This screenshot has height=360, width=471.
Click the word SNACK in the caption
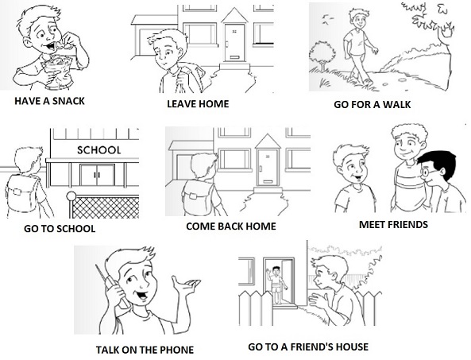coord(68,101)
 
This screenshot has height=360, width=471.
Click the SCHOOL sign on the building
coord(98,150)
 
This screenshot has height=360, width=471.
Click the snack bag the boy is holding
coord(57,68)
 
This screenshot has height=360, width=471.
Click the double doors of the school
coord(97,175)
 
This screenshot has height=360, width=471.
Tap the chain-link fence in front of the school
coord(106,207)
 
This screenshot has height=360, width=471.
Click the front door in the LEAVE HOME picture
coord(234,43)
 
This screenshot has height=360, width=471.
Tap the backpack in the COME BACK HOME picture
coord(198,197)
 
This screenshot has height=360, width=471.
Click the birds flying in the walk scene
coord(327,20)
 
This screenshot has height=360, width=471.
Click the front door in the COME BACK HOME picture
coord(268,168)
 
